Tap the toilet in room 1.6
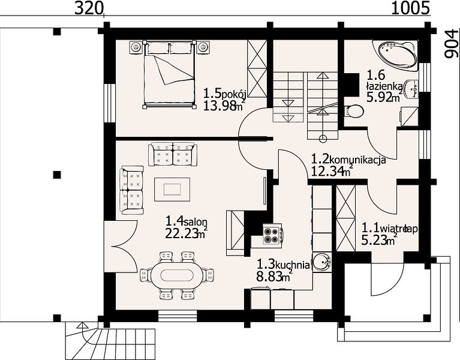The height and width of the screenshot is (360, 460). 354,111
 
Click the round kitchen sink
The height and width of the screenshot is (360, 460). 322,262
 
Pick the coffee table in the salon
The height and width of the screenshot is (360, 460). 172,189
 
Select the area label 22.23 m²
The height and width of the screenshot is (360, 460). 187,233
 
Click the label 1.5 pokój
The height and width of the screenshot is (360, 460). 225,94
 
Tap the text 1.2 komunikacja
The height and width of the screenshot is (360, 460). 348,160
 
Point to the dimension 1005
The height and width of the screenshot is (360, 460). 411,8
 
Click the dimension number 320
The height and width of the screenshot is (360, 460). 88,8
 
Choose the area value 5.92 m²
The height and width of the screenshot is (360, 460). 384,97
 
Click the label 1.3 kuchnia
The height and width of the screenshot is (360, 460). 284,265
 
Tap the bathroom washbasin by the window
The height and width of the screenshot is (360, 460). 411,89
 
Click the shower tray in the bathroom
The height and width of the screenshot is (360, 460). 410,116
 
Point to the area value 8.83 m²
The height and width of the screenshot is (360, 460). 274,276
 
